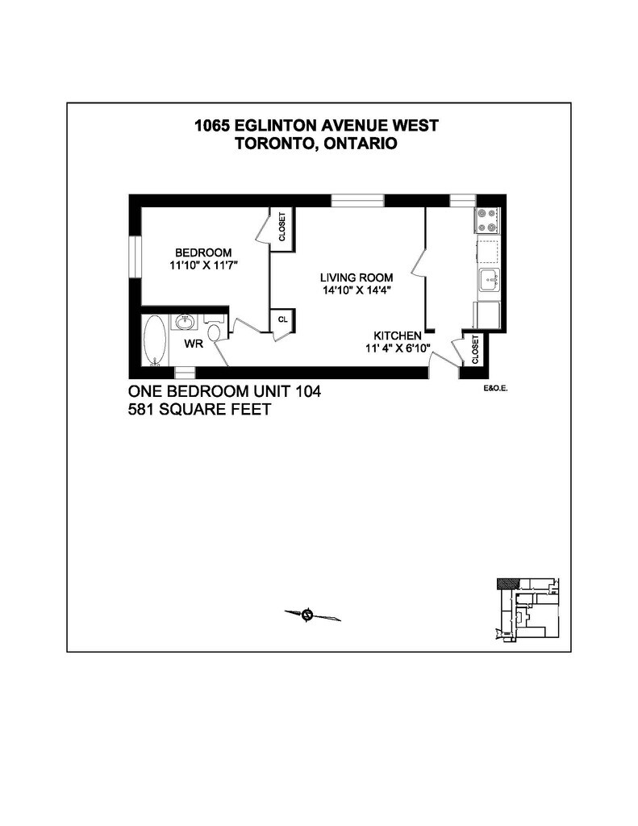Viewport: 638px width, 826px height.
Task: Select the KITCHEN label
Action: point(397,336)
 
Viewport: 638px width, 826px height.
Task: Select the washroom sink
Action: point(185,322)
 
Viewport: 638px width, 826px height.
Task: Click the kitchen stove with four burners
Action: point(488,219)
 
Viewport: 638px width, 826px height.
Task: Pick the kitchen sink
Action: point(488,282)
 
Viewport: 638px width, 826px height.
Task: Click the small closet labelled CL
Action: point(282,319)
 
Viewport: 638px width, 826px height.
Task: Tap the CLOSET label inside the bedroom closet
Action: point(281,227)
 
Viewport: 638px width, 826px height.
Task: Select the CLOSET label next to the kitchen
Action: point(475,350)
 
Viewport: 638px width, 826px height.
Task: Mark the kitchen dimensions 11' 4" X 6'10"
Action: point(398,348)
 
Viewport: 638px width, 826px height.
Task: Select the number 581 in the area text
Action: point(144,410)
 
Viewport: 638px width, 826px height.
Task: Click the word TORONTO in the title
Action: point(273,144)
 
